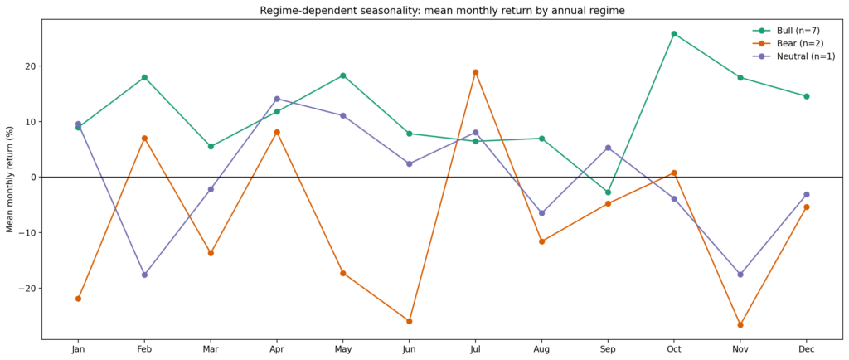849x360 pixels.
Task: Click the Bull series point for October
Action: (674, 34)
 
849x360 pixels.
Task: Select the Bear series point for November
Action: (740, 325)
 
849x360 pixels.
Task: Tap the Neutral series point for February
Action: (144, 275)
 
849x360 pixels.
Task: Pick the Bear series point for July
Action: (475, 72)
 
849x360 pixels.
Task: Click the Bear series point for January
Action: (78, 299)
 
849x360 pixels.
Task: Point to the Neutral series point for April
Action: (277, 99)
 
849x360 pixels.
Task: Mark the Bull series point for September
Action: (608, 192)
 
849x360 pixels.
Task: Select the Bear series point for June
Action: (409, 321)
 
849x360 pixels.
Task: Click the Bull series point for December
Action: (806, 96)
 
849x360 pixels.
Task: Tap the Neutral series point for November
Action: (740, 275)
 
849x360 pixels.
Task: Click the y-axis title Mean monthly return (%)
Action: (10, 179)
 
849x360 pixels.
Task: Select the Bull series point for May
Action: (343, 75)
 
